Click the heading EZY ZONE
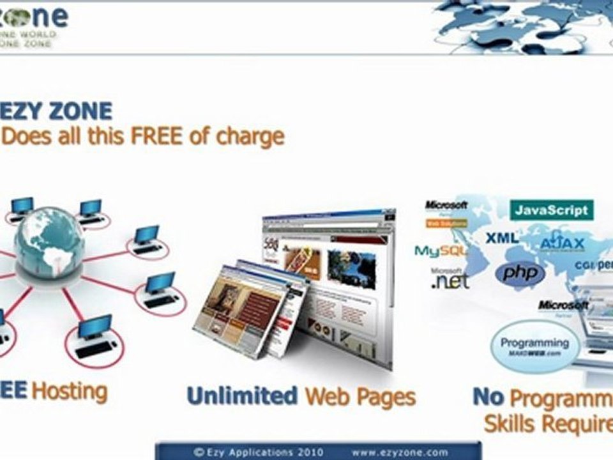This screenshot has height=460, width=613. [x=57, y=111]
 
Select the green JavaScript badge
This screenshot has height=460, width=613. [x=552, y=210]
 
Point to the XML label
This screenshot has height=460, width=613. [x=502, y=238]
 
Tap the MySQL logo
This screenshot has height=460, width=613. [x=440, y=250]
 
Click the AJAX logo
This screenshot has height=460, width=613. [x=562, y=243]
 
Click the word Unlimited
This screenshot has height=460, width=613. [x=242, y=396]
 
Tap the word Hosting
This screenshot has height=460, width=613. [x=70, y=390]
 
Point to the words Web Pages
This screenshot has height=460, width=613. [x=360, y=397]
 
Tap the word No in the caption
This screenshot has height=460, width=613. [x=488, y=397]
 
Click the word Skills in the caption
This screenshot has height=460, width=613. [x=513, y=422]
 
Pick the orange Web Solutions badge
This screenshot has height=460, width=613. [x=446, y=223]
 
